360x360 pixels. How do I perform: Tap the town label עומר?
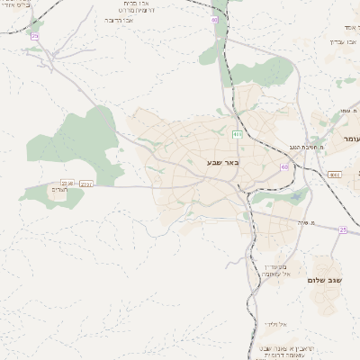350,139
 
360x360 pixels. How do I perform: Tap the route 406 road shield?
238,134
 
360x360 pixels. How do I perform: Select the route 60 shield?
285,166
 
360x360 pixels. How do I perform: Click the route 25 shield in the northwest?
34,36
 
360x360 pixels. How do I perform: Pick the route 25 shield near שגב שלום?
342,229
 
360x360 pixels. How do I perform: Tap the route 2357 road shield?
86,184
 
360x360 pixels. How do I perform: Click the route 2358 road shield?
67,183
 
